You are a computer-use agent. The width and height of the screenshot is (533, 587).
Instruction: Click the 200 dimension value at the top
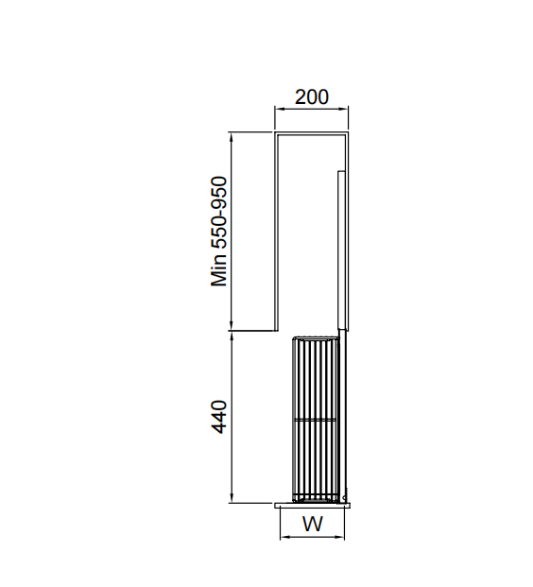click(x=312, y=97)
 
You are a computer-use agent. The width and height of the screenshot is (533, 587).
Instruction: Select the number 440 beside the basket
click(x=219, y=417)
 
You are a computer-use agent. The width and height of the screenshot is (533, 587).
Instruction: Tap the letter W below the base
click(x=312, y=524)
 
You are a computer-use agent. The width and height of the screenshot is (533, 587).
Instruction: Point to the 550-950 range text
click(x=219, y=213)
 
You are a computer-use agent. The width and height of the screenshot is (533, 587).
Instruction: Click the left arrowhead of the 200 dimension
click(x=279, y=109)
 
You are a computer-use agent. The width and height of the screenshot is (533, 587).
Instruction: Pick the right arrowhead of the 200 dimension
click(x=344, y=109)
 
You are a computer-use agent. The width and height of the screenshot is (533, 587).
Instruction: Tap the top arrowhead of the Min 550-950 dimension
click(x=232, y=136)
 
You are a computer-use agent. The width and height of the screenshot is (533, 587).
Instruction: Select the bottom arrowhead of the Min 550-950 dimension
click(x=232, y=326)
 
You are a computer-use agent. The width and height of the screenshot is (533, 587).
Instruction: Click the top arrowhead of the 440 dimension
click(x=232, y=337)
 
